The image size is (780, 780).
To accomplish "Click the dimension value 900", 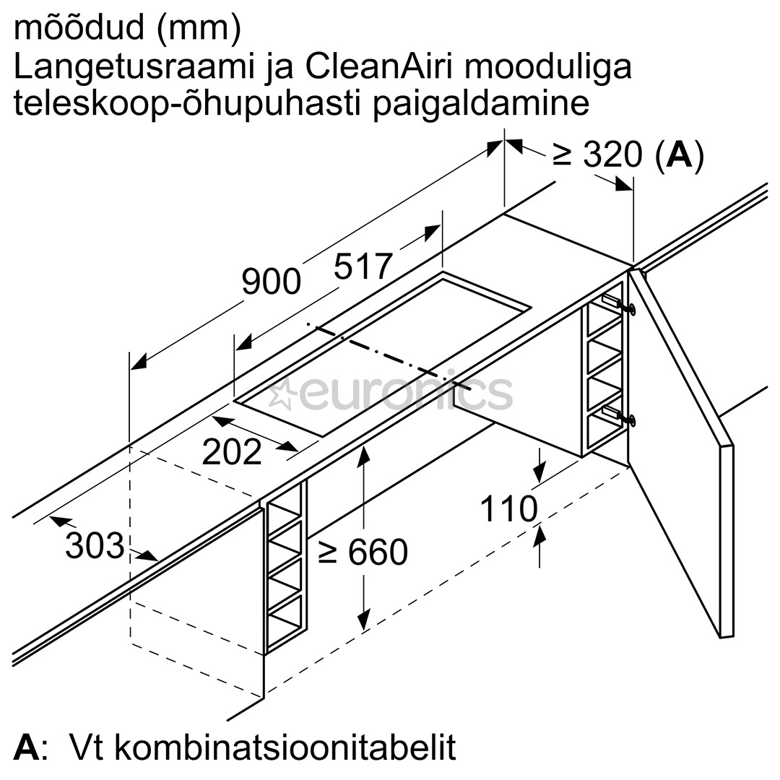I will (x=271, y=282).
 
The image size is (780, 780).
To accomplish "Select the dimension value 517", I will (x=363, y=266).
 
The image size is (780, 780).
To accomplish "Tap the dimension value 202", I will (x=231, y=452).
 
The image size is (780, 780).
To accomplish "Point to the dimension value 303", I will (x=95, y=546).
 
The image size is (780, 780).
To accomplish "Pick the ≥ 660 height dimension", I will (x=363, y=552).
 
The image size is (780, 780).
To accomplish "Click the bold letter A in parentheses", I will (x=678, y=155).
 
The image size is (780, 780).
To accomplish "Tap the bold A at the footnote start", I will (x=26, y=747).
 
